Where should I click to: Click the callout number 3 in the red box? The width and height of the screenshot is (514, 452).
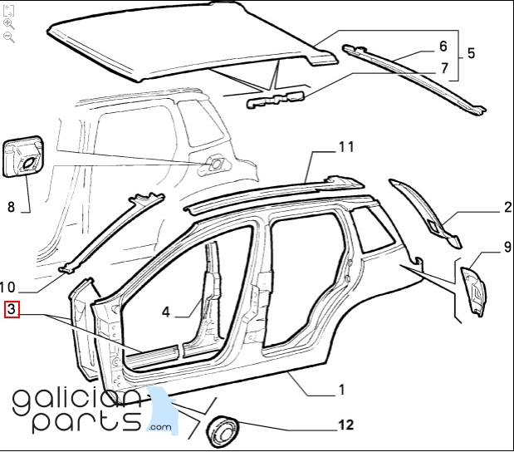pyautogui.click(x=12, y=309)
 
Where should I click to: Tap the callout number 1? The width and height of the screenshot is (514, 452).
pyautogui.click(x=342, y=390)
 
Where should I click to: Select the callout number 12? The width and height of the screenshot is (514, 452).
pyautogui.click(x=346, y=425)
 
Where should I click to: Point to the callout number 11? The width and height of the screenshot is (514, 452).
pyautogui.click(x=346, y=147)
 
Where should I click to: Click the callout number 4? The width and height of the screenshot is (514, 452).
pyautogui.click(x=166, y=312)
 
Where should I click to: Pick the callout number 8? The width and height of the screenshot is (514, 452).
pyautogui.click(x=11, y=207)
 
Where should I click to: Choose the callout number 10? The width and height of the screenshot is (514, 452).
pyautogui.click(x=7, y=287)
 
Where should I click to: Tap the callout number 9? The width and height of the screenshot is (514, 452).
pyautogui.click(x=507, y=247)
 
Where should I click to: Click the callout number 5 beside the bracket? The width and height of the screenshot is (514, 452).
pyautogui.click(x=471, y=53)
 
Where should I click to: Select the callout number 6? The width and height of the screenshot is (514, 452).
pyautogui.click(x=443, y=47)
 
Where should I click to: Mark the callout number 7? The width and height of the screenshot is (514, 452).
pyautogui.click(x=444, y=68)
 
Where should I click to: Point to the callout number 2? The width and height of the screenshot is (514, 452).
pyautogui.click(x=507, y=207)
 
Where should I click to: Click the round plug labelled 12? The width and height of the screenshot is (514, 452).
pyautogui.click(x=223, y=432)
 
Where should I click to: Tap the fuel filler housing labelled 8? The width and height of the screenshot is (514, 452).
pyautogui.click(x=23, y=157)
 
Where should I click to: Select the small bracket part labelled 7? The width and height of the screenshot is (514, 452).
pyautogui.click(x=276, y=100)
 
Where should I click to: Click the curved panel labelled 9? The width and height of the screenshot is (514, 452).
pyautogui.click(x=474, y=292)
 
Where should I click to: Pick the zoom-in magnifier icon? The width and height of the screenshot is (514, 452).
pyautogui.click(x=8, y=24)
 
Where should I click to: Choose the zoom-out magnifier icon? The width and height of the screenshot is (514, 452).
pyautogui.click(x=8, y=37)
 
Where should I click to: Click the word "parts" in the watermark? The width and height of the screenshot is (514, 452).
pyautogui.click(x=87, y=421)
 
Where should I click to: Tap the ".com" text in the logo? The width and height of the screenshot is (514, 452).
pyautogui.click(x=160, y=427)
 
